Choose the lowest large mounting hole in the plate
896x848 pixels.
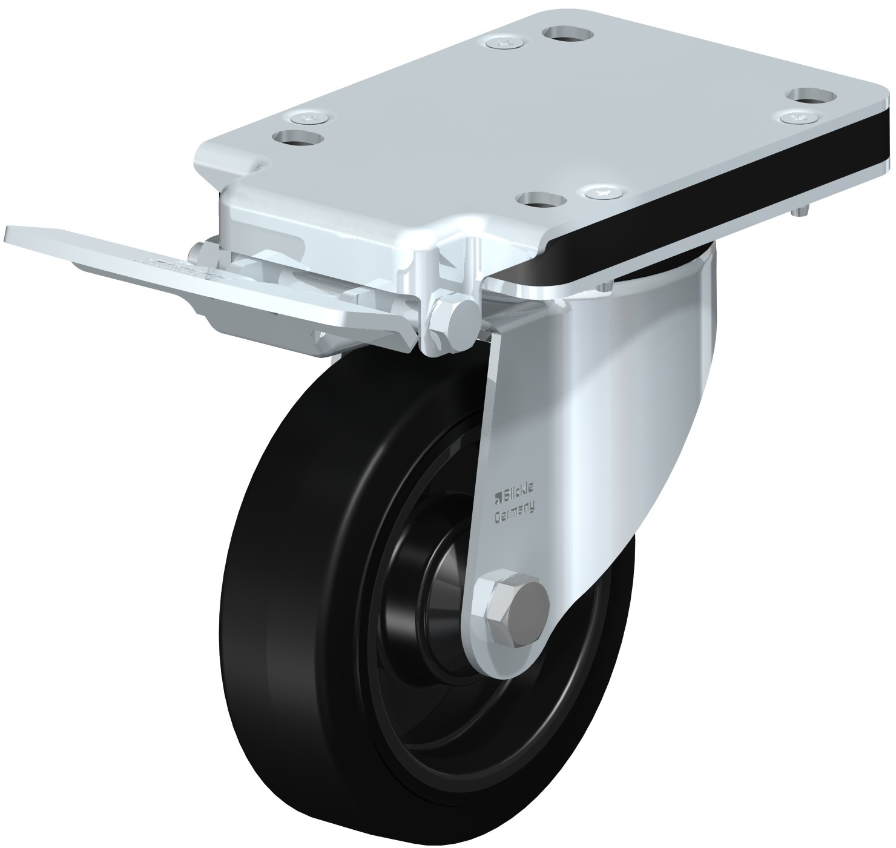542,200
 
